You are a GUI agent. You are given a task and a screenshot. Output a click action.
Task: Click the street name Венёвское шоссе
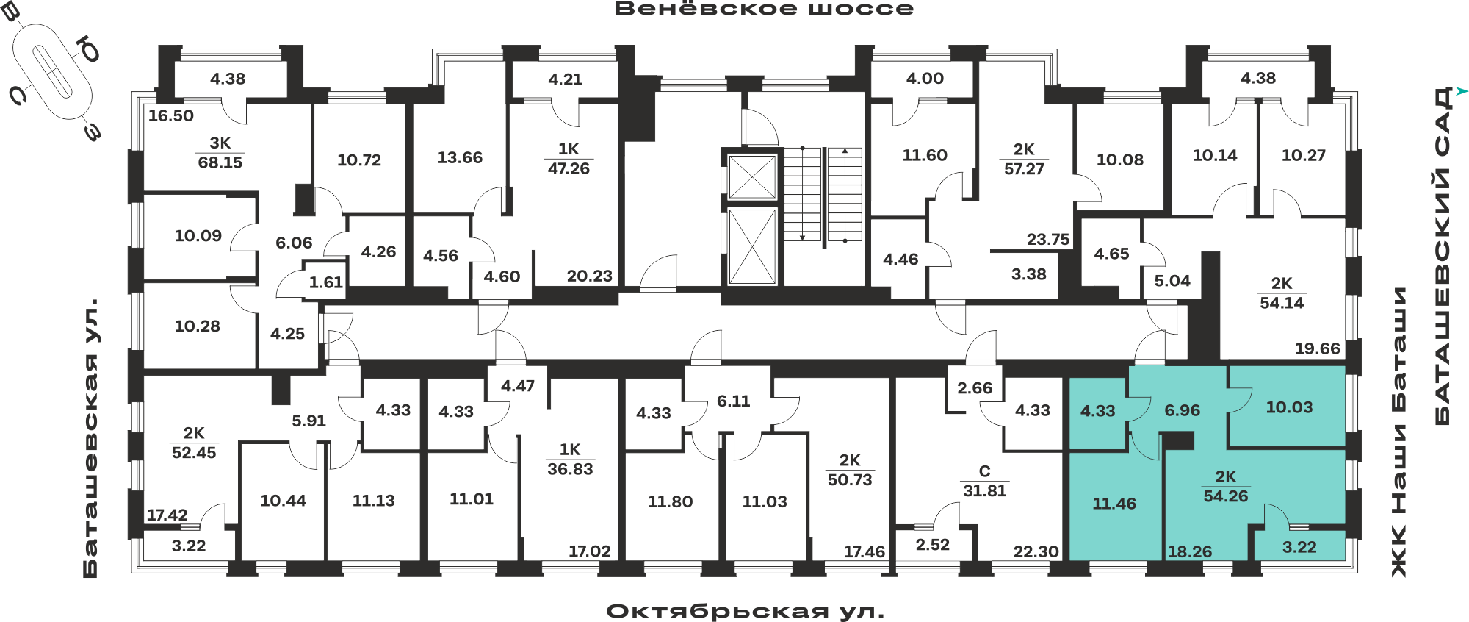click(x=764, y=9)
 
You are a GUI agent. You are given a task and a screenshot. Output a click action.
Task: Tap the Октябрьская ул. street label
click(x=746, y=611)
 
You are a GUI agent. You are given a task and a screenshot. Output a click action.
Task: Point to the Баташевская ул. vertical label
click(x=90, y=437)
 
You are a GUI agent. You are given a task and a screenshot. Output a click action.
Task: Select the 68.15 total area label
click(x=220, y=162)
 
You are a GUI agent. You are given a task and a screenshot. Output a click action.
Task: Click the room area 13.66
click(x=460, y=157)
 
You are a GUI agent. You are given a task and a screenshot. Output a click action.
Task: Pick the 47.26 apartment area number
click(x=569, y=168)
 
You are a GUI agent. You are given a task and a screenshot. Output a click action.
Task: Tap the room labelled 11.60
click(x=925, y=155)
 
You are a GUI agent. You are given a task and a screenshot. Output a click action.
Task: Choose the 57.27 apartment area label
click(x=1024, y=169)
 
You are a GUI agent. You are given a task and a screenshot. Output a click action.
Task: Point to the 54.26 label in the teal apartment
click(x=1226, y=496)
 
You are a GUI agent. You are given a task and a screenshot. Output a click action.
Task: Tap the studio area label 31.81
click(x=984, y=490)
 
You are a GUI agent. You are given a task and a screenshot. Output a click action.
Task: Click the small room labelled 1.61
click(x=326, y=282)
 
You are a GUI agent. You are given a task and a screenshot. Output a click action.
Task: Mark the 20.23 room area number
click(x=590, y=276)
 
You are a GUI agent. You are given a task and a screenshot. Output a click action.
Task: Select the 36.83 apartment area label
click(x=570, y=469)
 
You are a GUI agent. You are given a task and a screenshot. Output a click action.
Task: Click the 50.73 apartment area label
click(x=850, y=480)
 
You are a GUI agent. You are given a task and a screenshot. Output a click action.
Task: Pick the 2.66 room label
click(x=975, y=387)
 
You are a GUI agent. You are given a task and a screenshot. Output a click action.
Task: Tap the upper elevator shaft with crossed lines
click(x=752, y=177)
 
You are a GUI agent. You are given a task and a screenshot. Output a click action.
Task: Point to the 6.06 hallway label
click(x=294, y=243)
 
